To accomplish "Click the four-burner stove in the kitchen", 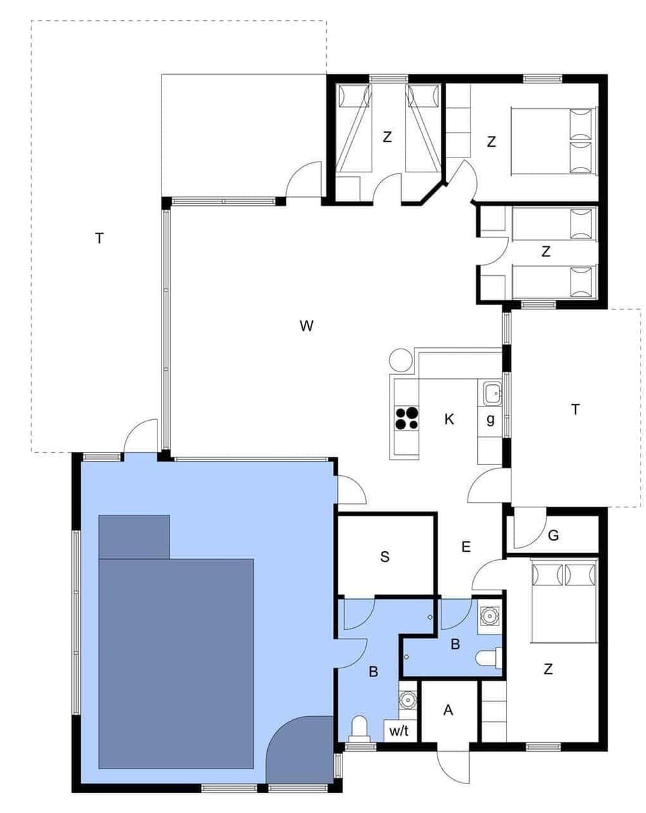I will tap(406, 418).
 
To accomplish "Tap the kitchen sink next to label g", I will tap(492, 392).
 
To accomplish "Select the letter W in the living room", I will tap(306, 326).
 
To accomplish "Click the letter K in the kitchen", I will tap(450, 419).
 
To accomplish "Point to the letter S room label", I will tap(385, 557).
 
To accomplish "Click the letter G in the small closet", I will tap(553, 536).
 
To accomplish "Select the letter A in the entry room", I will tap(448, 711).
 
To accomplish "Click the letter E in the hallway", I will tap(466, 546).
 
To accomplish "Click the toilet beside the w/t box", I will tap(360, 728).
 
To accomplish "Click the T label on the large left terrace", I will tap(100, 238).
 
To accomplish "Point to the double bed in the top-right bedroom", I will tap(553, 141).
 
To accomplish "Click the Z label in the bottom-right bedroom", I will tap(548, 669).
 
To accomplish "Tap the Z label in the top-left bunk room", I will tap(387, 137).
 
